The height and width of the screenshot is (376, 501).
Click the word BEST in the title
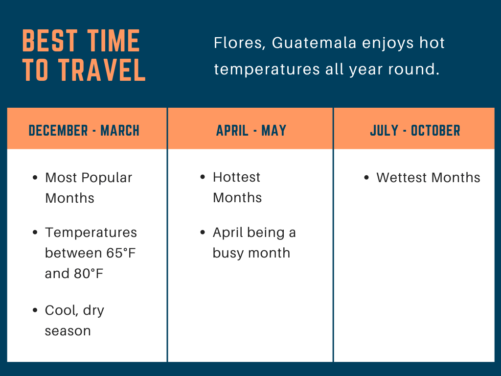[50, 41]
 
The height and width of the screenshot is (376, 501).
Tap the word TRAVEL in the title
[102, 70]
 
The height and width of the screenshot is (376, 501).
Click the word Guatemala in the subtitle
[314, 43]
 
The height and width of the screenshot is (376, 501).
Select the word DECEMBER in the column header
[58, 130]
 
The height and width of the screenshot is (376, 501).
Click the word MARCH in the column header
[120, 130]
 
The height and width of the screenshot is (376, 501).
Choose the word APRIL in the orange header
[232, 130]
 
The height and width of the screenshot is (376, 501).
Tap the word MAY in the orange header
[274, 130]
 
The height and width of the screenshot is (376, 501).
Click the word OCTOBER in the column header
[435, 130]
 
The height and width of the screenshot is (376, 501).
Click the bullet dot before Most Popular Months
[35, 178]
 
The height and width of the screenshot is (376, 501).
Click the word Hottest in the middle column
[237, 177]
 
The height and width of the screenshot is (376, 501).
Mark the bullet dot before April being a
[203, 233]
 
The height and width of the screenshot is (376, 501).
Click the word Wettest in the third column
[401, 178]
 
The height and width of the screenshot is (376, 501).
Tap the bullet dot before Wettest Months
[366, 178]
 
